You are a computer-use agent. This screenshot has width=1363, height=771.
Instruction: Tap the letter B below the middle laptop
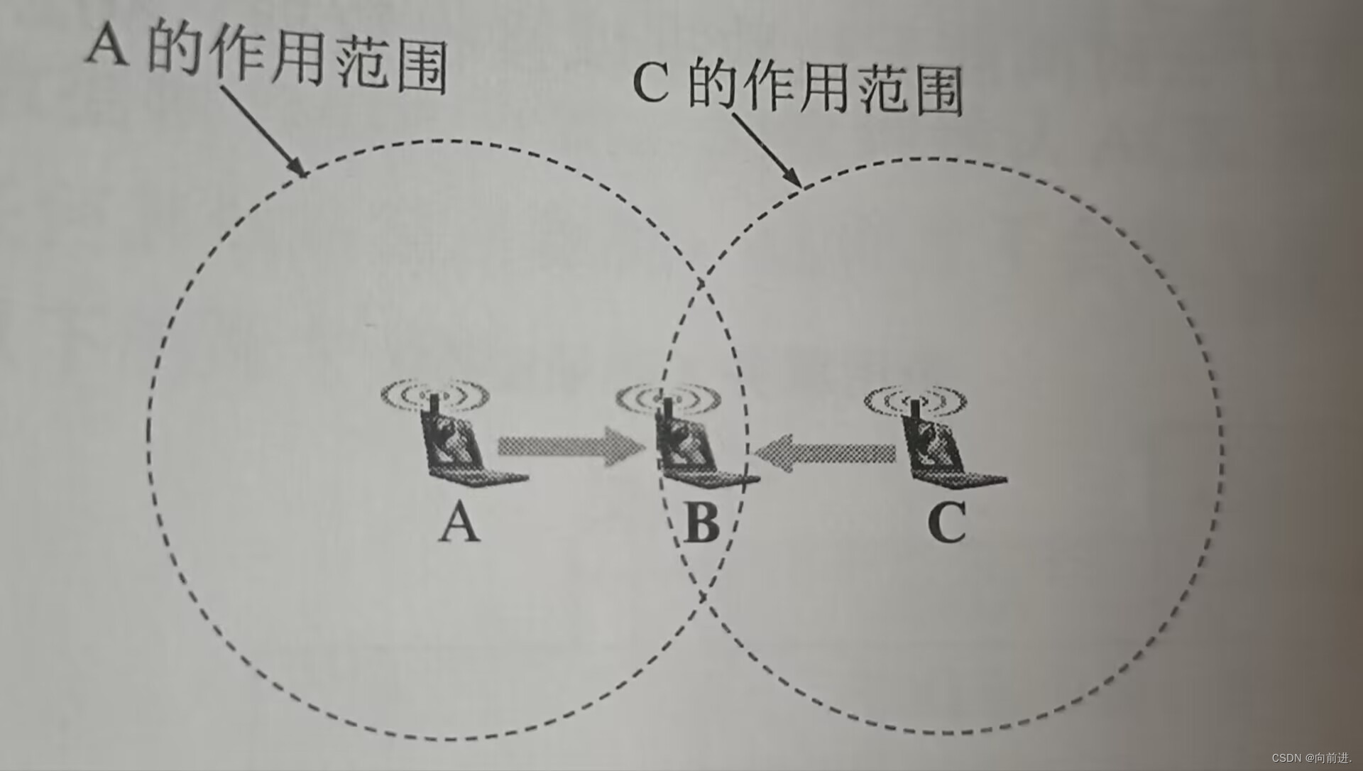(x=702, y=523)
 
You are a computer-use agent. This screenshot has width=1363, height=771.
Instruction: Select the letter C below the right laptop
(x=947, y=523)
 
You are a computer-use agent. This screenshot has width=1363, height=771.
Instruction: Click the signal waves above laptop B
(x=668, y=398)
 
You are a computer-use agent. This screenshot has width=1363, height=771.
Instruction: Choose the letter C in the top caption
(x=650, y=84)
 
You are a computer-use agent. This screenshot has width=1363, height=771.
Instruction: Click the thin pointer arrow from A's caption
(x=263, y=131)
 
